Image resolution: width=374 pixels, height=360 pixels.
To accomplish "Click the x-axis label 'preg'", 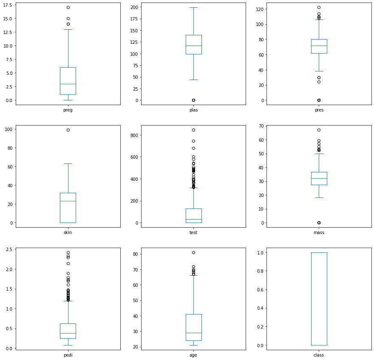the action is pos(68,109).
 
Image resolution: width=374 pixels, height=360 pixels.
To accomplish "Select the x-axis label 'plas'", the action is pos(193,109).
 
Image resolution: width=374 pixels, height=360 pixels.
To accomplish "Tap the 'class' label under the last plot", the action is pos(319,354).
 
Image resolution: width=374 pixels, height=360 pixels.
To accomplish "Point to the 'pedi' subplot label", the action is pos(68,354).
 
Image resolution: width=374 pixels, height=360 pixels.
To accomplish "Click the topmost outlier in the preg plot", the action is pos(68,8).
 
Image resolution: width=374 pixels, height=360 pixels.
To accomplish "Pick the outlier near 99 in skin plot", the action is pos(68,130).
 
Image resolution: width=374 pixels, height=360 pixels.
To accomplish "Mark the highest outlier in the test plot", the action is pos(193,130).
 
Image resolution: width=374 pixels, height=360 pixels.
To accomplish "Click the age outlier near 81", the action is pos(193,252).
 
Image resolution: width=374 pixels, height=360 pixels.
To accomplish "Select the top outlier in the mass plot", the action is pos(319,130).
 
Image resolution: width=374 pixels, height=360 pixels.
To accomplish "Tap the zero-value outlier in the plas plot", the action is pos(193,100).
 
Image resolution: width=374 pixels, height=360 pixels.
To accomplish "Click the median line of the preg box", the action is pos(68,84).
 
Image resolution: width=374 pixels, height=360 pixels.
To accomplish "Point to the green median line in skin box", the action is pos(68,201).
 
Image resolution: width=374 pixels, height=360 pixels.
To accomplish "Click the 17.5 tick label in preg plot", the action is pos(8,8).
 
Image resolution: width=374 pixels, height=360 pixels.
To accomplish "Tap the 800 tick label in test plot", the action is pos(135,135).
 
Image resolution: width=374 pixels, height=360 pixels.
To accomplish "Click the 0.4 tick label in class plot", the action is pos(261,308).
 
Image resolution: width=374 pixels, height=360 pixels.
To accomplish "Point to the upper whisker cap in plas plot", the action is pos(193,8).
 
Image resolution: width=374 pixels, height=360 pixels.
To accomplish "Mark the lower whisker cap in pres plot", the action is pos(319,71).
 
